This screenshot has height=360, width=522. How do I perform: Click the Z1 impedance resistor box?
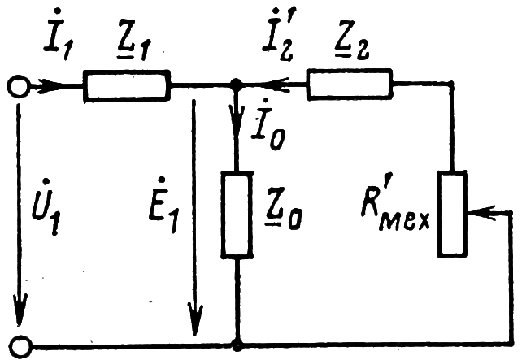[x=127, y=85]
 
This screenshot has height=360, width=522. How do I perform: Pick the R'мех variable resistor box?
[x=450, y=212]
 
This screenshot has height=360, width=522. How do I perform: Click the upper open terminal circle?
[x=17, y=85]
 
